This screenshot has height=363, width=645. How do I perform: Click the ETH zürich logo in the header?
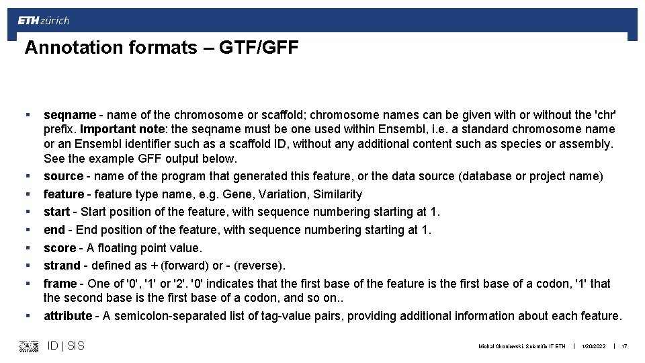click(43, 21)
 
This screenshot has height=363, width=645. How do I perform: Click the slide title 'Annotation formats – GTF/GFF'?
click(161, 48)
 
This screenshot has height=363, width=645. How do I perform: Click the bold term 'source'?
click(63, 176)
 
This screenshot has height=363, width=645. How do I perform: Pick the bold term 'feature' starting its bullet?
click(64, 194)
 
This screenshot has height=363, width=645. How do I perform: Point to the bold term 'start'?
click(56, 212)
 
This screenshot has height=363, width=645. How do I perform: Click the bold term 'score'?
click(59, 248)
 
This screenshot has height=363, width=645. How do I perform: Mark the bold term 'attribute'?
click(67, 316)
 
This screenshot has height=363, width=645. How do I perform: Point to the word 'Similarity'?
click(338, 194)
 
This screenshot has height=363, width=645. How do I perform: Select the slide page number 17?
click(624, 346)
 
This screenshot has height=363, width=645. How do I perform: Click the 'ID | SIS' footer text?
click(66, 346)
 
